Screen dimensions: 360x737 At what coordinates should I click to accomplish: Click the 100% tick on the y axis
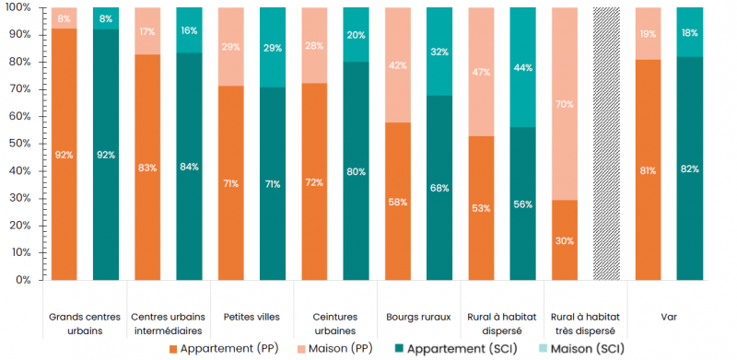(18, 7)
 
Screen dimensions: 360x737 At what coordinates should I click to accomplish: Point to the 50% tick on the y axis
(20, 144)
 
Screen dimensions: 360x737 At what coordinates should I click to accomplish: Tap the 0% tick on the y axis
(23, 279)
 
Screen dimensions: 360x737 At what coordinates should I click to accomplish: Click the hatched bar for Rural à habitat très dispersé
(606, 143)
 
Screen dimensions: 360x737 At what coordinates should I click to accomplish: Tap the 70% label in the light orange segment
(565, 104)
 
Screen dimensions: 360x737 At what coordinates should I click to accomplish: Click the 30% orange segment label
(565, 241)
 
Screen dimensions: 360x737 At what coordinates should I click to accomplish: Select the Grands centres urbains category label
(86, 323)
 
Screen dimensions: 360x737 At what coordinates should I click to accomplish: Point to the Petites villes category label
(252, 318)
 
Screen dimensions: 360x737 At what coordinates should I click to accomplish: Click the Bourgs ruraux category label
(418, 318)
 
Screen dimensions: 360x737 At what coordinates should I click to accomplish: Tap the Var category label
(669, 318)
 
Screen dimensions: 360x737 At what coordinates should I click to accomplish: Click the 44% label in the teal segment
(523, 67)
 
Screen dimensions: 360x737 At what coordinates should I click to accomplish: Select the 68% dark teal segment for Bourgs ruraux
(439, 188)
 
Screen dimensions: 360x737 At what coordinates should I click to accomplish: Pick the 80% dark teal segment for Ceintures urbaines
(357, 170)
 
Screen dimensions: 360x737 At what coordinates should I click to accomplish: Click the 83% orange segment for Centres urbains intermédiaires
(148, 167)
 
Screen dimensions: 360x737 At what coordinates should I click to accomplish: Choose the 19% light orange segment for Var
(649, 33)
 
